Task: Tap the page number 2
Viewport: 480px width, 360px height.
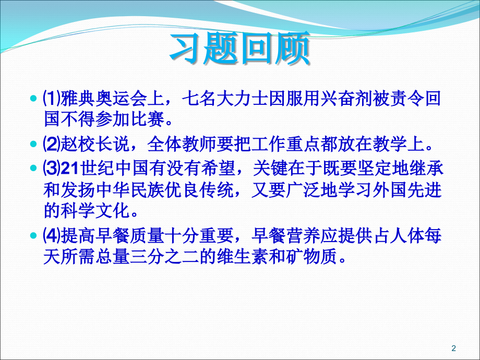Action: pos(453,348)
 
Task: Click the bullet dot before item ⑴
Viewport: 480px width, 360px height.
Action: pos(34,99)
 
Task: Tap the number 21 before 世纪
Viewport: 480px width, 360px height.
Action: pos(69,169)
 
